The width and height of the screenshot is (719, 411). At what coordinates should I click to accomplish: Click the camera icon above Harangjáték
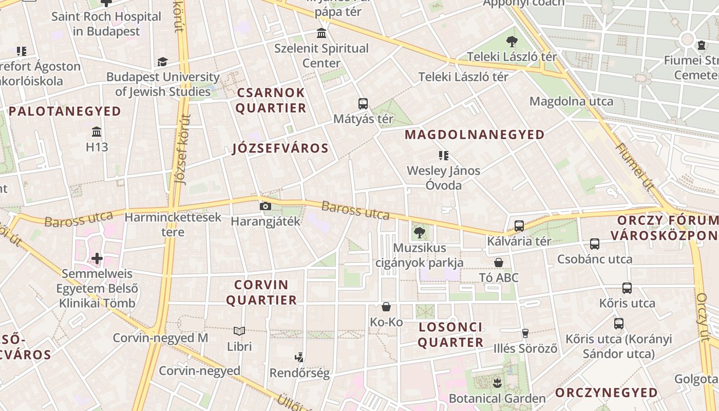tap(266, 206)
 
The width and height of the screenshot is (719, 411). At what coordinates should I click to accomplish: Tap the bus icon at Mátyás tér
tap(363, 103)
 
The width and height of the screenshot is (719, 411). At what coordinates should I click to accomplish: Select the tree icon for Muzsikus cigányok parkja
tap(420, 232)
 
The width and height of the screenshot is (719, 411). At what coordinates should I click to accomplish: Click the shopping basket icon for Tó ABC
tap(498, 263)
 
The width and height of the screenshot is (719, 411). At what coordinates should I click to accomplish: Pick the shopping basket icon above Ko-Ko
tap(386, 307)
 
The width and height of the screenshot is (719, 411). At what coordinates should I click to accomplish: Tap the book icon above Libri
tap(239, 331)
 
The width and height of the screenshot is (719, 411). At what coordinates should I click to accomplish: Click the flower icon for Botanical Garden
tap(497, 383)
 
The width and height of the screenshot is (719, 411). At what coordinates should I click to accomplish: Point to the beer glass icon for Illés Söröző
tap(525, 333)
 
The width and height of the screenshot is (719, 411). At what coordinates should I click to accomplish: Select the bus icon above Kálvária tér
tap(519, 226)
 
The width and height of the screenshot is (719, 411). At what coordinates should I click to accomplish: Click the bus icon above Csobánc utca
tap(595, 244)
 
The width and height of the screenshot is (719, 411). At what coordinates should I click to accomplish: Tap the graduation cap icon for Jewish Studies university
tap(163, 62)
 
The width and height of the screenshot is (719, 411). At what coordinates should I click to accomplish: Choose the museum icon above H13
tap(97, 132)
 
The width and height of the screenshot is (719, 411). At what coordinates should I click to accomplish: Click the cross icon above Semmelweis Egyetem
tap(97, 258)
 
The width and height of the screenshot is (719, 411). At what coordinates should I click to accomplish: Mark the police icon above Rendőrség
tap(299, 357)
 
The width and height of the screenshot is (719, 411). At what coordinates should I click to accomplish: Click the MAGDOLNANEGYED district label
tap(475, 135)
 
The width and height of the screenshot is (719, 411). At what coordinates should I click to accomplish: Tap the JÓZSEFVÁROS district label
tap(280, 148)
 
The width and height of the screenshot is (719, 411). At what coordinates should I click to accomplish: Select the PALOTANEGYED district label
tap(65, 111)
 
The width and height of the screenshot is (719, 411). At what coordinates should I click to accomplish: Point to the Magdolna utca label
tap(571, 101)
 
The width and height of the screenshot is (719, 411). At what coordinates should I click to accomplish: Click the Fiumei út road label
tap(635, 166)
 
